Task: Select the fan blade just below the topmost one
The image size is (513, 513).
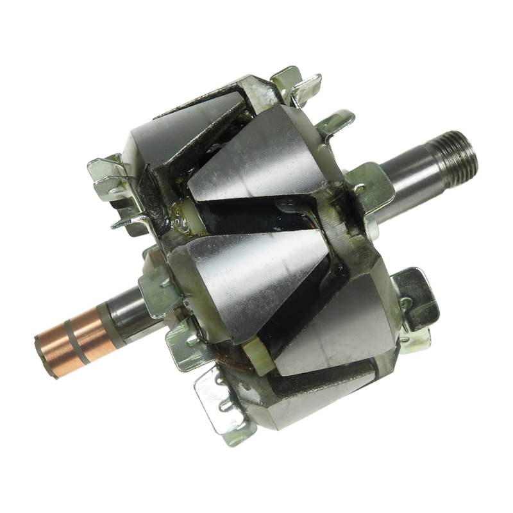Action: coord(333,128)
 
